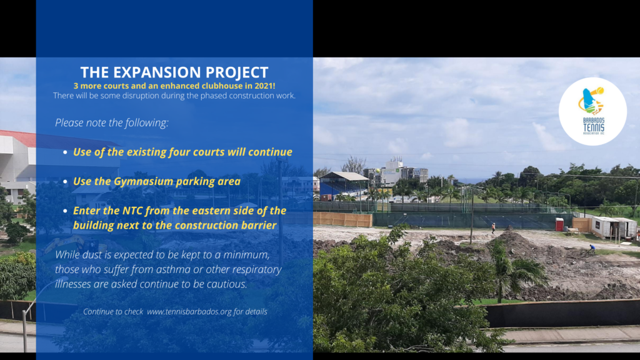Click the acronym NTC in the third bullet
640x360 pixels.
(x=132, y=211)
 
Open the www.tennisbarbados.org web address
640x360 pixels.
(x=189, y=311)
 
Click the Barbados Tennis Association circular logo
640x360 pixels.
(x=592, y=111)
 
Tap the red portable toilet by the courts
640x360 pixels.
(x=559, y=224)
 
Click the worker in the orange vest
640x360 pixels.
(x=494, y=227)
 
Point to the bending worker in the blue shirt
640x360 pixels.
(x=591, y=248)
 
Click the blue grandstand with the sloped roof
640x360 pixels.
(x=343, y=186)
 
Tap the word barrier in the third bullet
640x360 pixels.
(x=259, y=225)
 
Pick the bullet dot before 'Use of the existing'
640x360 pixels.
(x=65, y=152)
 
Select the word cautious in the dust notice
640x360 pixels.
(x=227, y=284)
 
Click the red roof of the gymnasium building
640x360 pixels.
(x=18, y=138)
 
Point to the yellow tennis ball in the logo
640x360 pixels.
(x=599, y=91)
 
